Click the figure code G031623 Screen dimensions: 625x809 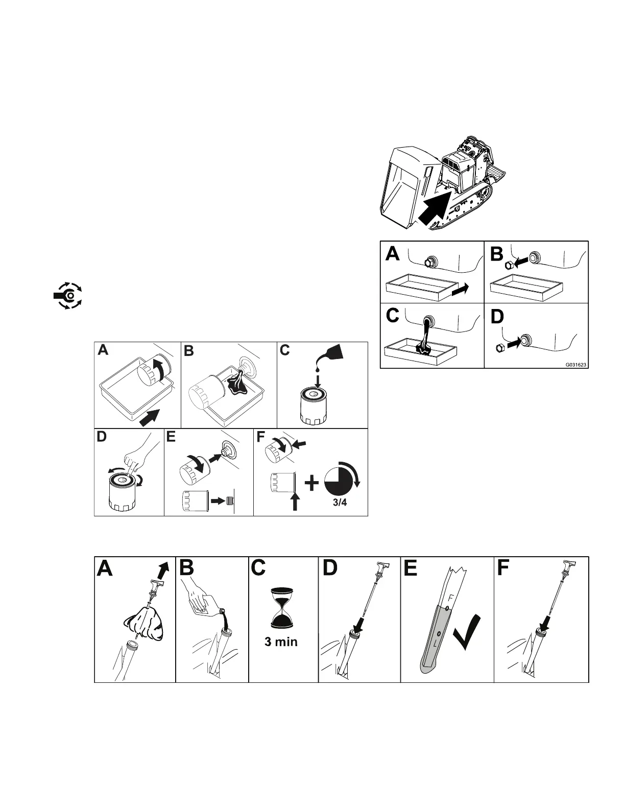point(575,365)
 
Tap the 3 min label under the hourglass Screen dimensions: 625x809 point(281,642)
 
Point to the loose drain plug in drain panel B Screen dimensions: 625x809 point(509,264)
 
